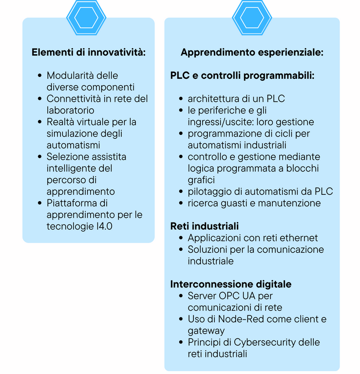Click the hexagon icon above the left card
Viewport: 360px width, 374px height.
click(x=86, y=18)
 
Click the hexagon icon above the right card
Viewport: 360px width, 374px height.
click(x=252, y=18)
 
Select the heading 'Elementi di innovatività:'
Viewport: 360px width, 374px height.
click(x=89, y=52)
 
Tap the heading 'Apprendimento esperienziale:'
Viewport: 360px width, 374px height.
click(x=252, y=52)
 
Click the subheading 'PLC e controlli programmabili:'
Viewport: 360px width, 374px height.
click(x=243, y=75)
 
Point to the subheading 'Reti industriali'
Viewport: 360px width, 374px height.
click(x=205, y=226)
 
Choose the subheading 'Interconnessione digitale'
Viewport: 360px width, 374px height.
click(x=231, y=284)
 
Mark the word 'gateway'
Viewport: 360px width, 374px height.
click(x=206, y=331)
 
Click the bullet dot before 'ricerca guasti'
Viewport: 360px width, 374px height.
click(x=181, y=203)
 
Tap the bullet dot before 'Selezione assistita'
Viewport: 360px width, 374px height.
click(x=40, y=157)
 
